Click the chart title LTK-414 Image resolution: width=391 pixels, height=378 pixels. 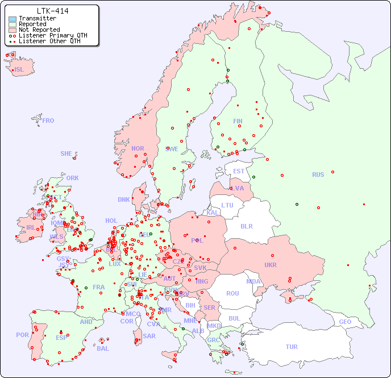(52, 11)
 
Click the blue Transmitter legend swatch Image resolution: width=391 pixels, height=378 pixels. (13, 18)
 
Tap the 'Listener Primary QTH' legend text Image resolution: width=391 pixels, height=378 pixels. (53, 35)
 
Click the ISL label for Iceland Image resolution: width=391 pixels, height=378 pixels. (19, 70)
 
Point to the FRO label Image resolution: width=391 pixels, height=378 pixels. (48, 121)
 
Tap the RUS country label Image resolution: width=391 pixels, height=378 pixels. (318, 175)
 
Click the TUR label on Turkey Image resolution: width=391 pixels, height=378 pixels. (292, 347)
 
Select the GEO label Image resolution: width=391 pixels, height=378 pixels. (345, 322)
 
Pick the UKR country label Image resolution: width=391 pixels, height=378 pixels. (271, 265)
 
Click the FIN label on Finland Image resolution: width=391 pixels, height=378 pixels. (238, 121)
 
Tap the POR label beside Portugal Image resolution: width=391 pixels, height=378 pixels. (22, 335)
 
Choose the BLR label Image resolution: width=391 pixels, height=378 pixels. (246, 226)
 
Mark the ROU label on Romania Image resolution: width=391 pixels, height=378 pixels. (232, 293)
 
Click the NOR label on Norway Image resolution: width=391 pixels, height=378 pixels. (138, 148)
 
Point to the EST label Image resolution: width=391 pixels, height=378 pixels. (239, 171)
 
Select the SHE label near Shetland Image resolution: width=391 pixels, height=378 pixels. (66, 153)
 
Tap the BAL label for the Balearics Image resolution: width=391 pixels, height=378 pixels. (102, 348)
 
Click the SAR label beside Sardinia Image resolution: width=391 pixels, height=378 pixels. (149, 336)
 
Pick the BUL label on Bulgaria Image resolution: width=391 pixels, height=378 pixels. (234, 318)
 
